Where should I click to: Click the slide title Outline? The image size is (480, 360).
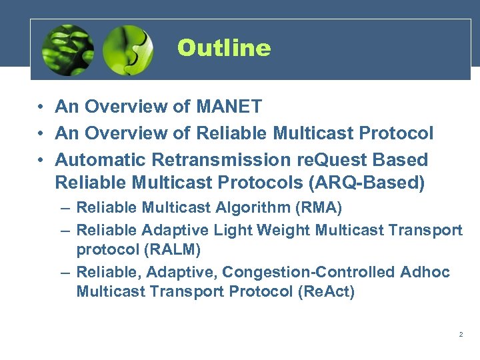pos(224,49)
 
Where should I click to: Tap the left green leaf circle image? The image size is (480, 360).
pos(67,49)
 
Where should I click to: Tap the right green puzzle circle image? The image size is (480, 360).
pos(128,49)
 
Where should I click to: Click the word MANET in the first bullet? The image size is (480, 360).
pos(229,107)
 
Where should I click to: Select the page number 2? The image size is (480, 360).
pos(461,334)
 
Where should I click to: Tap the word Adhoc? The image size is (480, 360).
pos(425,273)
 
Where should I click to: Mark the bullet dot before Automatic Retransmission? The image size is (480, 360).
pos(41,161)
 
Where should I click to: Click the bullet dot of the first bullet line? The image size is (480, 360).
pos(41,107)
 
